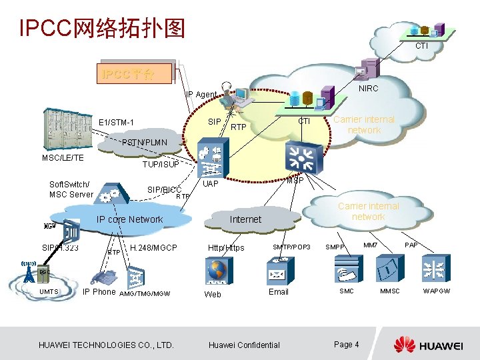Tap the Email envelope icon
click(277, 271)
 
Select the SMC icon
click(347, 269)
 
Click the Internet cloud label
click(245, 219)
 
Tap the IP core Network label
click(129, 219)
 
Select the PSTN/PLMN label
click(140, 143)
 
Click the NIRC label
click(368, 89)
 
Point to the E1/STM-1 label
click(116, 122)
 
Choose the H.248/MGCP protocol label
click(153, 247)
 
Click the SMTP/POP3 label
click(292, 247)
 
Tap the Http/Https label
click(226, 248)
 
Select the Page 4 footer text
click(347, 344)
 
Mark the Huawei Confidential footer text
click(244, 345)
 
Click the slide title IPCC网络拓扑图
click(102, 29)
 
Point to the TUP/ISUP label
click(161, 164)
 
